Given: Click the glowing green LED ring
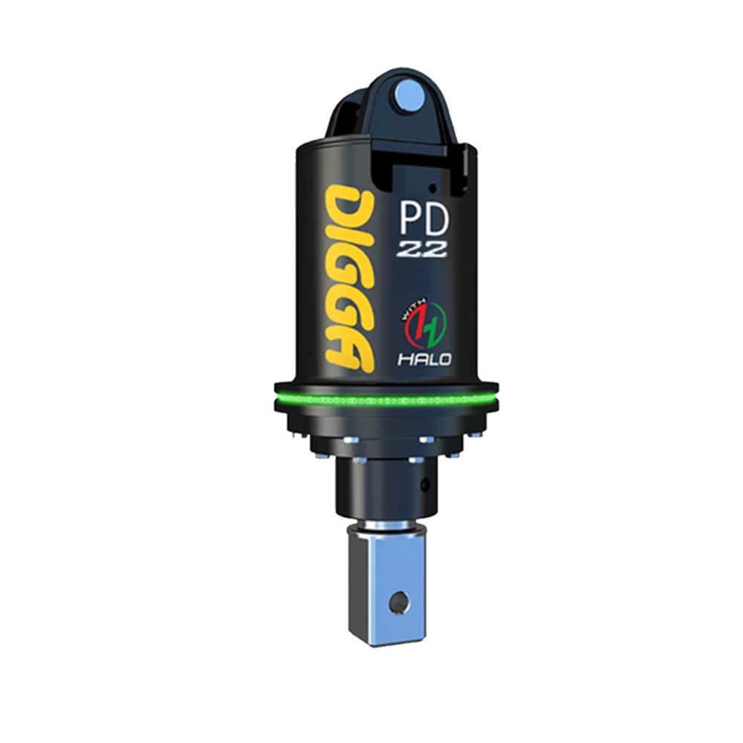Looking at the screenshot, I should click(386, 401).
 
